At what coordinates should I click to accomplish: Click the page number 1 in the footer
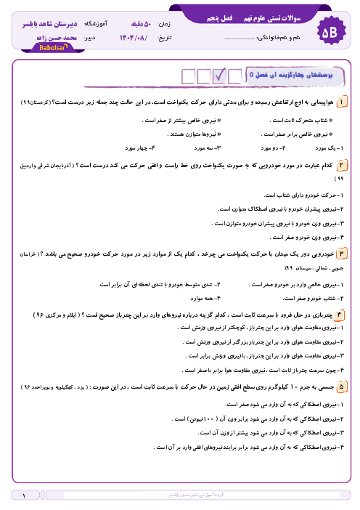pos(24,496)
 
